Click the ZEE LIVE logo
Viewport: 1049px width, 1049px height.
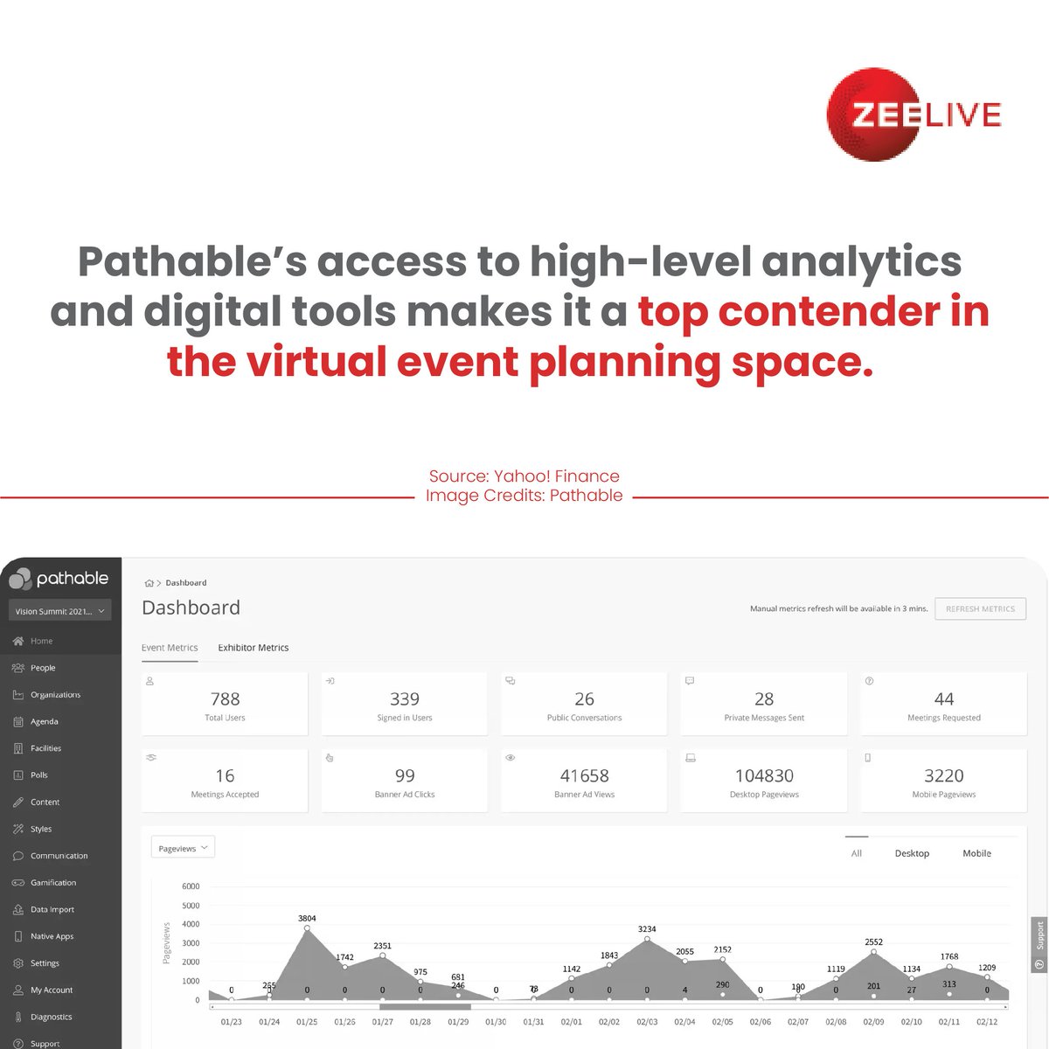(x=914, y=115)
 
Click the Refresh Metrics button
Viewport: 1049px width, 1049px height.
(x=980, y=608)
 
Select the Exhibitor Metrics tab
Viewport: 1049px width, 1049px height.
(x=253, y=648)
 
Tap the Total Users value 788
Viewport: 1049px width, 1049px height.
(x=225, y=698)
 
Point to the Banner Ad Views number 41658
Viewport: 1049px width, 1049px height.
(x=584, y=775)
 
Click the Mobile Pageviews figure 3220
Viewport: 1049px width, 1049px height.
(x=943, y=775)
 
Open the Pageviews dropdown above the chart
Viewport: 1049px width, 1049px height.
(x=183, y=848)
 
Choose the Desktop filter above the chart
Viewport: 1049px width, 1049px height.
(x=912, y=853)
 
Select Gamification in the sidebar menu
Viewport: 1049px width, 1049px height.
(x=53, y=883)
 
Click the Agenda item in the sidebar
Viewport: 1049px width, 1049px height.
(x=44, y=722)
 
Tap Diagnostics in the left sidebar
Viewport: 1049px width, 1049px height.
(x=51, y=1017)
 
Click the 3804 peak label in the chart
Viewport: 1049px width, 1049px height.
(x=307, y=919)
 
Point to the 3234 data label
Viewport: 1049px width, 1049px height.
(x=647, y=929)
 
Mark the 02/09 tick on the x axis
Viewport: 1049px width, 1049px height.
(x=873, y=1021)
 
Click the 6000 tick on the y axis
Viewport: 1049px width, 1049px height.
(x=191, y=886)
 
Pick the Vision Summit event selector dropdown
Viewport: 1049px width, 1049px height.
(x=60, y=611)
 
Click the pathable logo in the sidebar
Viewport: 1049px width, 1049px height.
(x=59, y=579)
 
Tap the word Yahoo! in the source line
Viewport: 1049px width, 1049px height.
(x=521, y=476)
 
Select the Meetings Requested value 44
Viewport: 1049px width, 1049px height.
(x=943, y=698)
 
